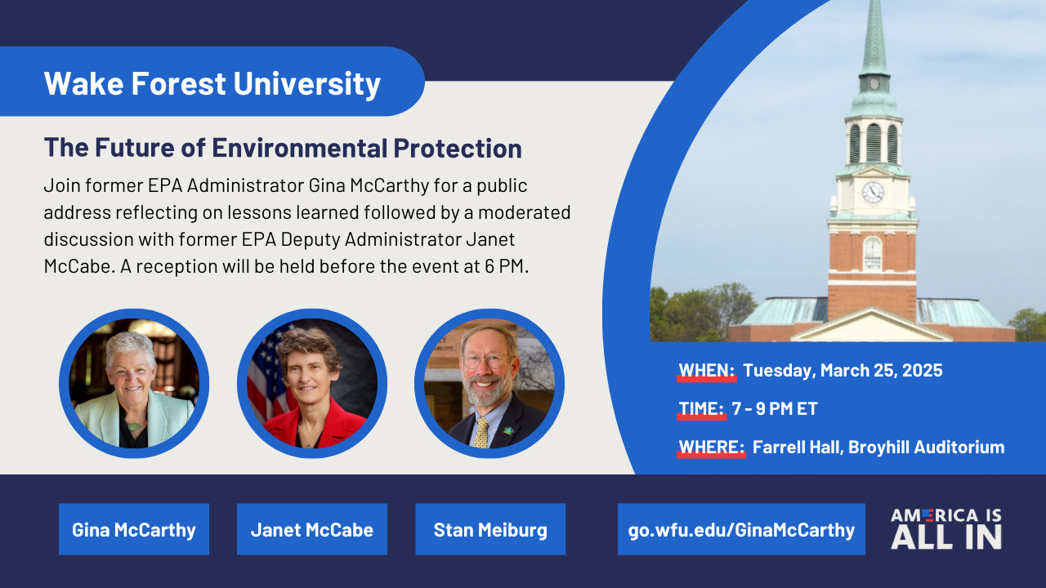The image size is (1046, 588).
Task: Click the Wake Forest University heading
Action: [212, 83]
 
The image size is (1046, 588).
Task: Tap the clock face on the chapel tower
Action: [873, 192]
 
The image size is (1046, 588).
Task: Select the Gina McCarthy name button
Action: [134, 529]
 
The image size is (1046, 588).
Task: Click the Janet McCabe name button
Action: [312, 529]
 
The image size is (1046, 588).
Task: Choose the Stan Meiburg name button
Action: [490, 529]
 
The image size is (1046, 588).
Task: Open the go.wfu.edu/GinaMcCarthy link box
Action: [741, 529]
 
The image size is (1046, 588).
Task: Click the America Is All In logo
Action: [946, 528]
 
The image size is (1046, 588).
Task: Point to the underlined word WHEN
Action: [707, 371]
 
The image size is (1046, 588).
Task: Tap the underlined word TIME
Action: [701, 409]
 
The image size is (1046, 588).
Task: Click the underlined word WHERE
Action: [711, 447]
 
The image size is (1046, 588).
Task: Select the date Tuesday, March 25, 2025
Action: [843, 371]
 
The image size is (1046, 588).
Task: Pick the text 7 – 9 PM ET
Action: [775, 409]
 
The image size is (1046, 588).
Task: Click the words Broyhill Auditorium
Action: [927, 447]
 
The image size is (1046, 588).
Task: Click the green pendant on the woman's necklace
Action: [134, 426]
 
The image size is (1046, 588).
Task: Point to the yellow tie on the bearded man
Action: [481, 433]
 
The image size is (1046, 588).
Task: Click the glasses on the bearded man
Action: [485, 361]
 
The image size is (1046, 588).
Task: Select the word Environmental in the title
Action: [299, 148]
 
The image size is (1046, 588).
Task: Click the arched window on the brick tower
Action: [872, 253]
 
